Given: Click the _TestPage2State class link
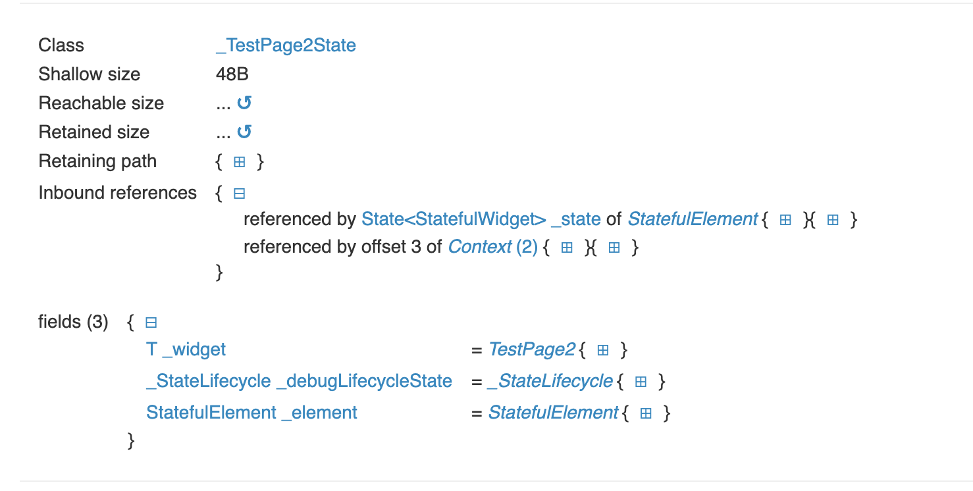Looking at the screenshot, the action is point(286,45).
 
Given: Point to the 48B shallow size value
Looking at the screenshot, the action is point(232,74).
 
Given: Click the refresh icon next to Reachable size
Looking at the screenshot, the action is point(244,103).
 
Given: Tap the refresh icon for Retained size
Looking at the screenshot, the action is point(244,132).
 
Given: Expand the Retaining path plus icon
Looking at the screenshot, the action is point(240,162).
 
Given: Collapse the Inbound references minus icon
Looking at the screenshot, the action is point(240,194).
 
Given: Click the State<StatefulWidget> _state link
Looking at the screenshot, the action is point(481,219).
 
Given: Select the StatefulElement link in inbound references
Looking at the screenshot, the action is point(693,219).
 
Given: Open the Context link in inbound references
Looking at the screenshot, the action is point(480,247).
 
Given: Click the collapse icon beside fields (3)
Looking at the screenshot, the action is point(151,323).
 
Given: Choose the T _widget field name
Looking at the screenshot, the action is point(186,349).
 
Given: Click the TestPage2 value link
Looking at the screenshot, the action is point(531,349).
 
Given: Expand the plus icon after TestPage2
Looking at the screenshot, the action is point(602,350).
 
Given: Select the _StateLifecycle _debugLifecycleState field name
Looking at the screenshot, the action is point(299,381).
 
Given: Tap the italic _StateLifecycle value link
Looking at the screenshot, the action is point(550,381).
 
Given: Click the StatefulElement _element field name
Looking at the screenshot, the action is point(251,413).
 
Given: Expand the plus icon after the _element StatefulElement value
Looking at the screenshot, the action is point(646,413).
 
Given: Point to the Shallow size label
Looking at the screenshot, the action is point(89,74).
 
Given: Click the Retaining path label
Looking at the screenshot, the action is point(97,161).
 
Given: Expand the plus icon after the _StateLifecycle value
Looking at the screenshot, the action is point(641,382).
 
